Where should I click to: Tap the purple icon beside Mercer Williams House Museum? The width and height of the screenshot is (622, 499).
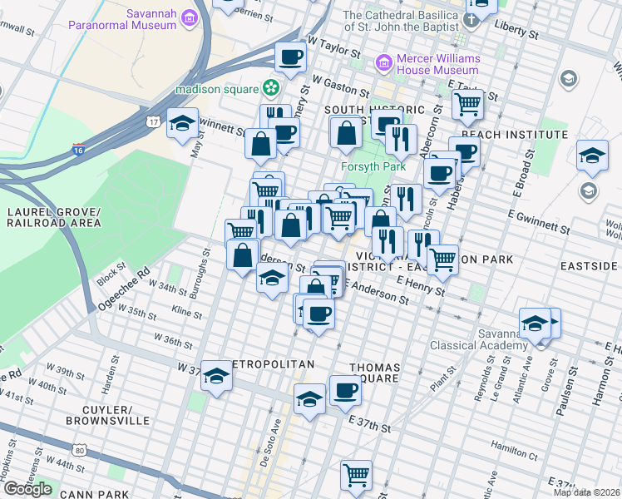(383, 62)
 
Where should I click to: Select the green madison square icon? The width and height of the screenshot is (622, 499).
(270, 86)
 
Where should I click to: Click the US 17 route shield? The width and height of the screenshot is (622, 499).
(153, 122)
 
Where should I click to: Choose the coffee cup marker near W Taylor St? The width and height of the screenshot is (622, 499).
(291, 57)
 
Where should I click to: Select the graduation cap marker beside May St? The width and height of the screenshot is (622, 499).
(183, 124)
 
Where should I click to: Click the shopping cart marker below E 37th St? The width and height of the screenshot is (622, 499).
(356, 475)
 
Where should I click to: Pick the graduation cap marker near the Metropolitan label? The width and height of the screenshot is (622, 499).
(216, 376)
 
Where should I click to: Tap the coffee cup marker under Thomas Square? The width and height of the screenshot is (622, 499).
(345, 390)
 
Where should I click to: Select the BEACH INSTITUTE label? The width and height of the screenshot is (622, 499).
(503, 134)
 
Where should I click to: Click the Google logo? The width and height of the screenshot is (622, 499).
(27, 489)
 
